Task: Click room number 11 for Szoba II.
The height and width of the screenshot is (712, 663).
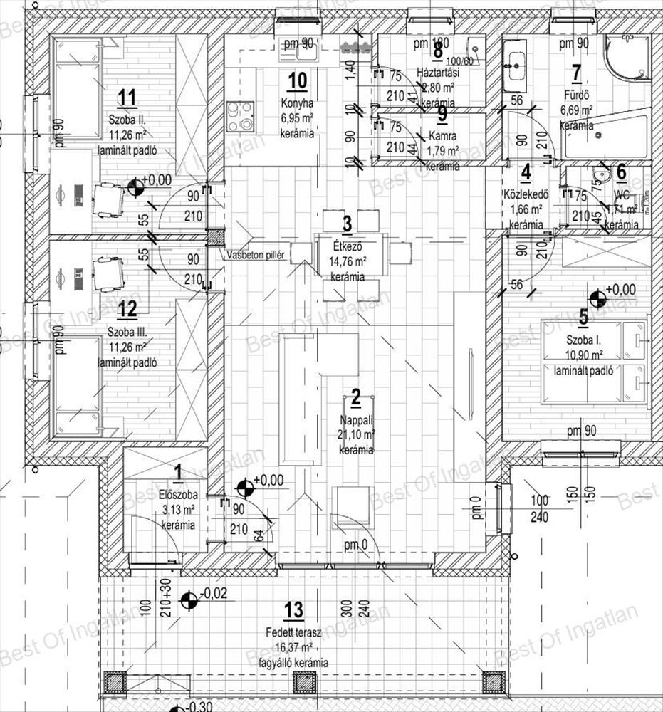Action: click(x=128, y=97)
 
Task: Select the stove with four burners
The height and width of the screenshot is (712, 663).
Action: click(x=241, y=116)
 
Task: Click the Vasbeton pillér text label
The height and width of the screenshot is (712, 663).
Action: click(x=257, y=255)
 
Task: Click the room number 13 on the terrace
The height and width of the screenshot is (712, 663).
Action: click(x=293, y=609)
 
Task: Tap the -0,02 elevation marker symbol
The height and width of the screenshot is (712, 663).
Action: click(x=189, y=602)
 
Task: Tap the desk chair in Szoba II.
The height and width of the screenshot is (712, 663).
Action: click(x=108, y=199)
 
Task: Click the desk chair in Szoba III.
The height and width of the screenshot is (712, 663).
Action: click(x=108, y=273)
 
